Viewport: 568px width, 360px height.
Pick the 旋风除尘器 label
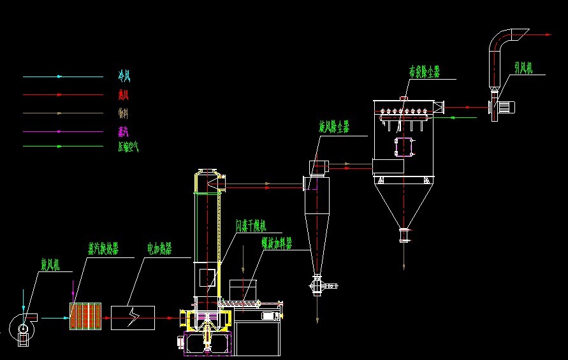point(334,128)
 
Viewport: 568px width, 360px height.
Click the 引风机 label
point(525,67)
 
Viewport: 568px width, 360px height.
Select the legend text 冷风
point(124,76)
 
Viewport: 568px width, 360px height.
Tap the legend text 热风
point(124,95)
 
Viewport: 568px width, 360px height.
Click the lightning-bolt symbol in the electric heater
point(132,317)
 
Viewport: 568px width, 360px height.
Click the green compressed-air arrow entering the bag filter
point(463,117)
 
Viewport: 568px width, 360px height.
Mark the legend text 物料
point(124,113)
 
